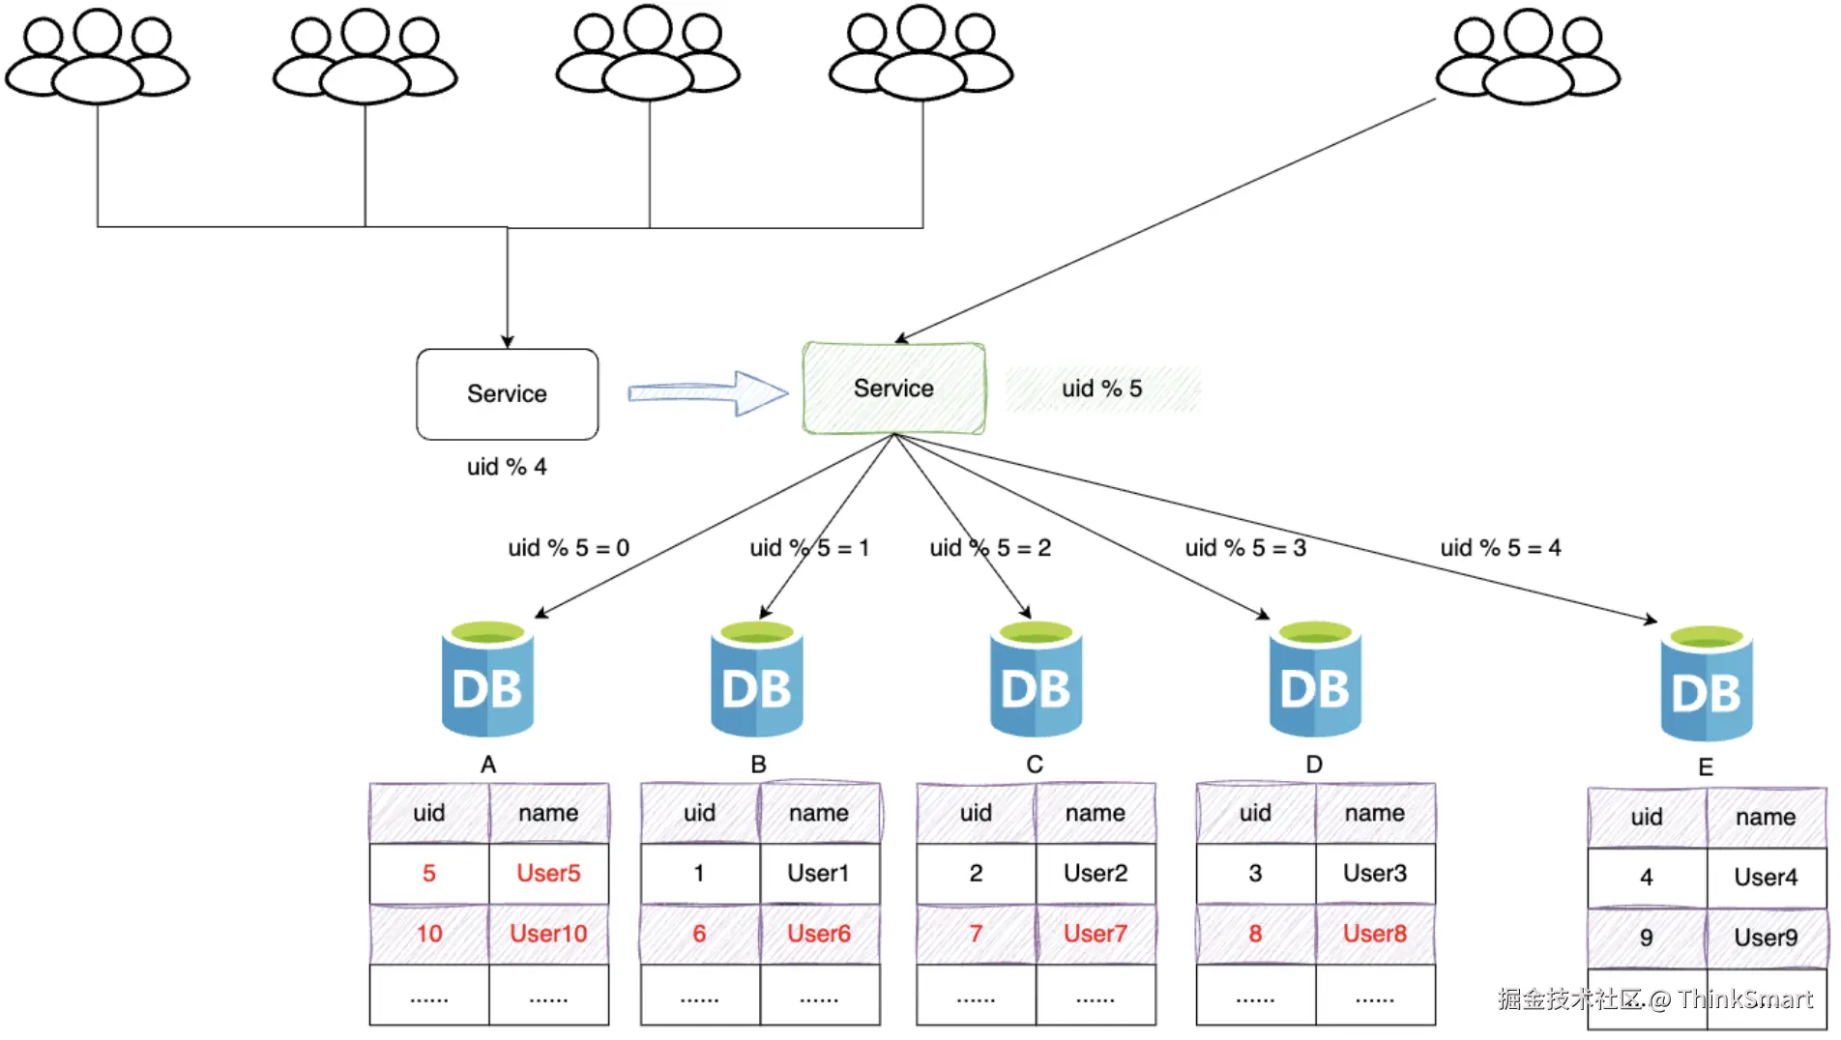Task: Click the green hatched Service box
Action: pyautogui.click(x=893, y=389)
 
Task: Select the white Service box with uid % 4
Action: pyautogui.click(x=507, y=394)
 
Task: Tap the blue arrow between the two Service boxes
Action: pyautogui.click(x=708, y=392)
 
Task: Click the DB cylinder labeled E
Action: pyautogui.click(x=1707, y=684)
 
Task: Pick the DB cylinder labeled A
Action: pyautogui.click(x=487, y=680)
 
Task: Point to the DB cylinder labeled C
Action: pyautogui.click(x=1036, y=680)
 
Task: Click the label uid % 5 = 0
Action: pyautogui.click(x=569, y=548)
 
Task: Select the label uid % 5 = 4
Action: pyautogui.click(x=1500, y=548)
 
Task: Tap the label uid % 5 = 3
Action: pyautogui.click(x=1245, y=548)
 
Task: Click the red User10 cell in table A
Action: pyautogui.click(x=548, y=934)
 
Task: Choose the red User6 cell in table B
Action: pyautogui.click(x=819, y=934)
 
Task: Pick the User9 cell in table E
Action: pyautogui.click(x=1766, y=938)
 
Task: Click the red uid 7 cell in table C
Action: pyautogui.click(x=976, y=934)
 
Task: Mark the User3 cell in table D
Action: pyautogui.click(x=1375, y=874)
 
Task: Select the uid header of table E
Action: pyautogui.click(x=1647, y=818)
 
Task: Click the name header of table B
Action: pyautogui.click(x=819, y=814)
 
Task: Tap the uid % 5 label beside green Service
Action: pyautogui.click(x=1102, y=389)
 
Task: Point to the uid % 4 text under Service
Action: pyautogui.click(x=507, y=467)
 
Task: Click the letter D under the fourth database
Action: pyautogui.click(x=1314, y=765)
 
